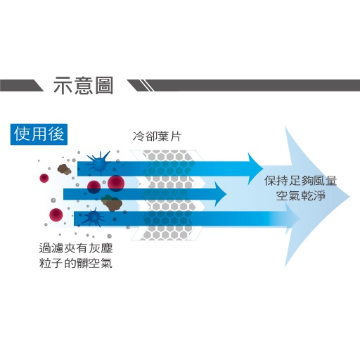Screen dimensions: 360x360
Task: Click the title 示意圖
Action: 83,86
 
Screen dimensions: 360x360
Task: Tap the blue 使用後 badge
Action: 39,134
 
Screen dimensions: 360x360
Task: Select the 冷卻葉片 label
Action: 157,136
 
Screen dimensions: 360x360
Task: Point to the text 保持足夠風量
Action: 300,181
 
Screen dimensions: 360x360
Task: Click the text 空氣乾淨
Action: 301,195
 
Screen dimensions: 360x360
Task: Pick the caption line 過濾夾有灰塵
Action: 76,248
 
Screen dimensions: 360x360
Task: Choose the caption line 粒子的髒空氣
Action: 76,263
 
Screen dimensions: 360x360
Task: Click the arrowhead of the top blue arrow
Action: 255,168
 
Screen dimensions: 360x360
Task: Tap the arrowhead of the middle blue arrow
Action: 220,194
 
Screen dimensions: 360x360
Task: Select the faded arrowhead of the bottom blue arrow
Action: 293,219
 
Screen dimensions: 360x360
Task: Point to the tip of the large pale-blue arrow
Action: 349,196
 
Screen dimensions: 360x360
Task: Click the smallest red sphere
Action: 44,178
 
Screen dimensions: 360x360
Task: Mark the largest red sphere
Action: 116,184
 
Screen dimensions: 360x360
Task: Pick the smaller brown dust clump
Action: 64,169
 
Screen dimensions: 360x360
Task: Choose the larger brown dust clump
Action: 112,202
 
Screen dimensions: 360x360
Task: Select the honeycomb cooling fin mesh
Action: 169,195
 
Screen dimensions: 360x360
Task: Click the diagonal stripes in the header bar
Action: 147,85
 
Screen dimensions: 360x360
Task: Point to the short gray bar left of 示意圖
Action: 21,85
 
